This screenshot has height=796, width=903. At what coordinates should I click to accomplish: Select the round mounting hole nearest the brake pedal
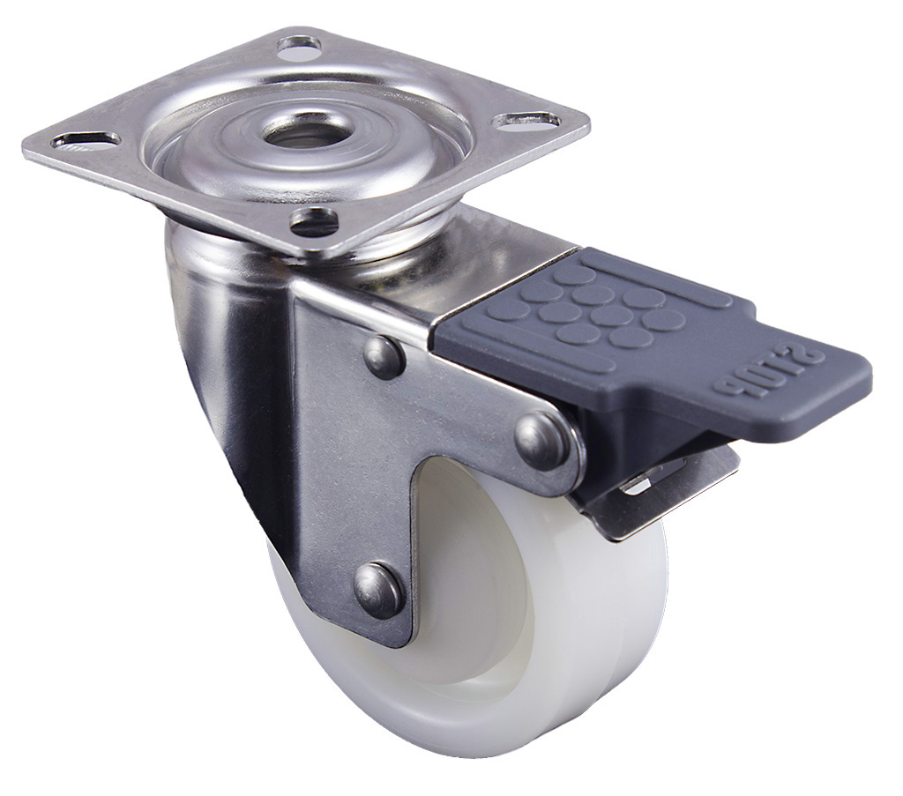coord(313,219)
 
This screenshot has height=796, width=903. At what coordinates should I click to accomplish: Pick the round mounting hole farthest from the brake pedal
coord(300,48)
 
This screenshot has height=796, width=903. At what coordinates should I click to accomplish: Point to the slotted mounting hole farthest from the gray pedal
coord(86,139)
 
